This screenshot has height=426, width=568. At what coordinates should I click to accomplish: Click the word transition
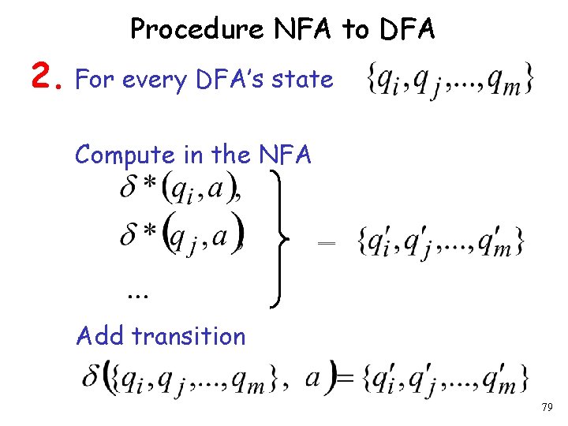click(189, 336)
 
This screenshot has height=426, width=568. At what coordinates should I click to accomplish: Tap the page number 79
click(547, 407)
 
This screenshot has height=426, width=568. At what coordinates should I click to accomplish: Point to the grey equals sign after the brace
click(326, 244)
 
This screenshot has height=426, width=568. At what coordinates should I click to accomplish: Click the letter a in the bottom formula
click(312, 377)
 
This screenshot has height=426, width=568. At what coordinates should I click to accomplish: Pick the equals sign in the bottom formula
click(345, 380)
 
